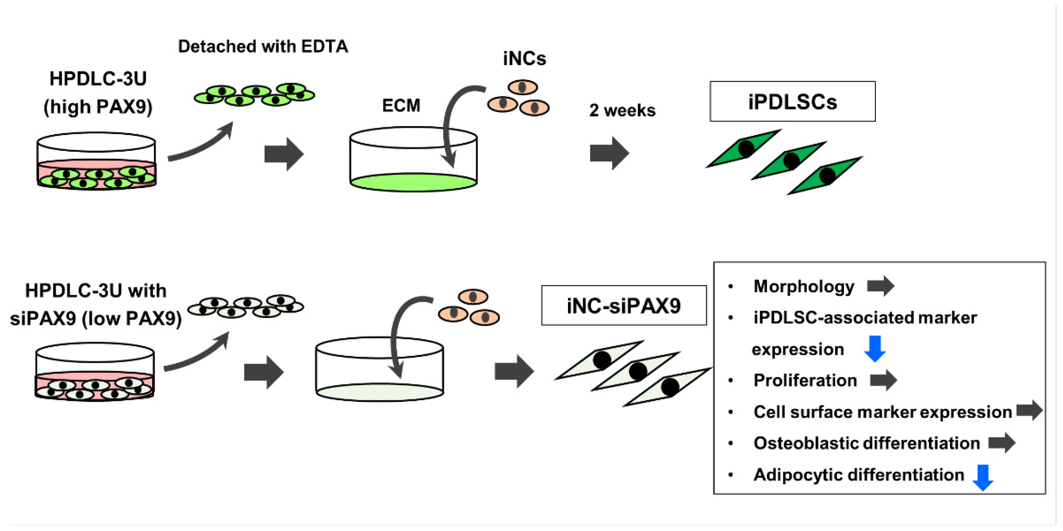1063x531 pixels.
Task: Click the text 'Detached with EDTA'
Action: click(263, 46)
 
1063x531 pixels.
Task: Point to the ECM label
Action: click(401, 105)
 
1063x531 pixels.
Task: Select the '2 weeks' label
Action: click(622, 110)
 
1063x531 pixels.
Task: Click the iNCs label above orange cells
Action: click(525, 59)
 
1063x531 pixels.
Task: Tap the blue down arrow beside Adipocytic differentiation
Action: click(983, 478)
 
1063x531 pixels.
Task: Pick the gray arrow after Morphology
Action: click(880, 286)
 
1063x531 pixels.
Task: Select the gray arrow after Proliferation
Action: click(883, 380)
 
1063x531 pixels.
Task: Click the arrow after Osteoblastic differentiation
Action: click(1002, 443)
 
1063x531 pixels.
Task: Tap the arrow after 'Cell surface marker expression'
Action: click(1030, 410)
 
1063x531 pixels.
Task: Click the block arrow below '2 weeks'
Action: click(609, 153)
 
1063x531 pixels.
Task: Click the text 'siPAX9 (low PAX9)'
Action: click(96, 318)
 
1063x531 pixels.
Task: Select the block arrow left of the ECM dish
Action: click(284, 154)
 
